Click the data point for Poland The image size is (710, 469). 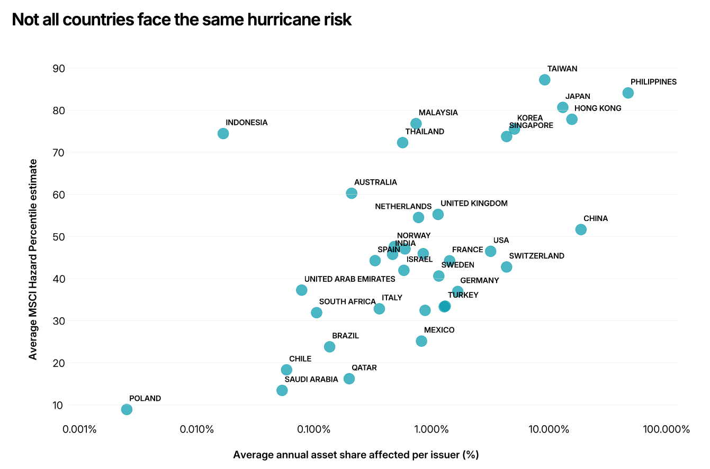click(x=127, y=409)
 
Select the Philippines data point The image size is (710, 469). click(x=628, y=93)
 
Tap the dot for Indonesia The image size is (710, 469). click(x=223, y=133)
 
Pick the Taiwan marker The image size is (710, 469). click(x=544, y=80)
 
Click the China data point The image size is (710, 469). click(x=581, y=229)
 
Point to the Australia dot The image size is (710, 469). click(x=352, y=194)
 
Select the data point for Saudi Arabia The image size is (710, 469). click(x=282, y=390)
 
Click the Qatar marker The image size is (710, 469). click(x=349, y=379)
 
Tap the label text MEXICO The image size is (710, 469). click(x=439, y=330)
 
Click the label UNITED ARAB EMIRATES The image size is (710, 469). click(x=349, y=279)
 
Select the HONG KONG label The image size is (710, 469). click(x=598, y=108)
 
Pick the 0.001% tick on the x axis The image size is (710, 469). click(x=79, y=429)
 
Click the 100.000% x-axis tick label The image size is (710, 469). click(x=667, y=429)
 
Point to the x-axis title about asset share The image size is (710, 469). click(x=356, y=455)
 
